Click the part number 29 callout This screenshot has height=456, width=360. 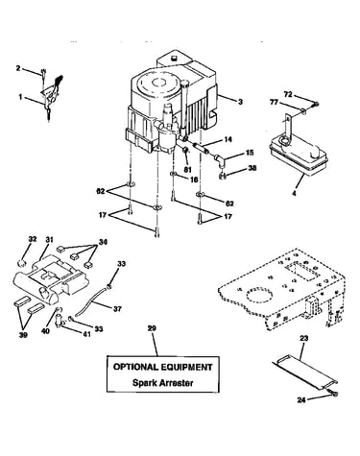coord(152,328)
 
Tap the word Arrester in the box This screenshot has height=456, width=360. coord(177,383)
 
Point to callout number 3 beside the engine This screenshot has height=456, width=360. coord(240,102)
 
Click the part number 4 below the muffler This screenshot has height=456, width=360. coord(294,193)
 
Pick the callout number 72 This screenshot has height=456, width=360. coord(288,94)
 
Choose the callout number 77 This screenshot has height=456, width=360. coord(274,103)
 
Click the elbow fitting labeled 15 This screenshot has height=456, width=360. coord(220,159)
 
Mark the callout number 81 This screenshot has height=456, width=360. coord(187,170)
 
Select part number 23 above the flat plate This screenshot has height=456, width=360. coord(304,338)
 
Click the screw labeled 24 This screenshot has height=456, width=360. coord(333,394)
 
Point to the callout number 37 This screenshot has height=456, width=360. coord(117,309)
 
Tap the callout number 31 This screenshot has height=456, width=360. coord(49,239)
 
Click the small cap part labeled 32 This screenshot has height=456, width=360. coord(21,263)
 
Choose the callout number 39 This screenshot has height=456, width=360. coord(23,335)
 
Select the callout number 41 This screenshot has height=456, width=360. coord(86,334)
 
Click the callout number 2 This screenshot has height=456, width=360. coord(18,68)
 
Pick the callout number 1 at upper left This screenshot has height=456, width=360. coord(20,97)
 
